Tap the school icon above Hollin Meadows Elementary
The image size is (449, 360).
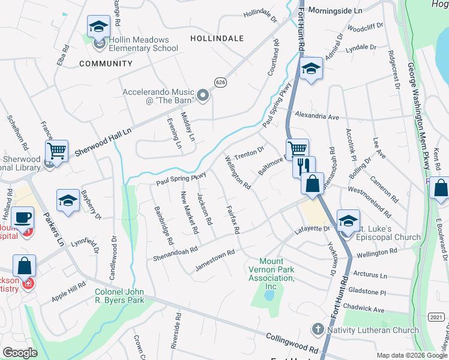[98, 26]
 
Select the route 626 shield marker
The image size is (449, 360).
[221, 82]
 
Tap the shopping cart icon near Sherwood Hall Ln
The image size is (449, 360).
[57, 151]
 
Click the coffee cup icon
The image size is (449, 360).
[23, 217]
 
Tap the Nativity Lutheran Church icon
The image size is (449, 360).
[318, 329]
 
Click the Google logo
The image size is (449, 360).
[20, 353]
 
